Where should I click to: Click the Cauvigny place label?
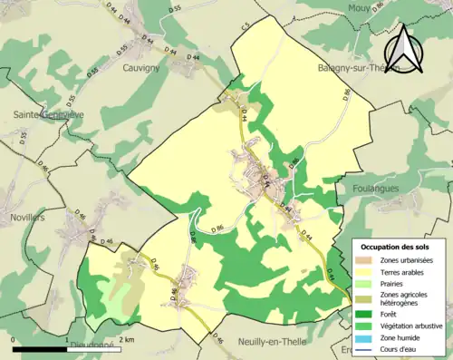coord(140,67)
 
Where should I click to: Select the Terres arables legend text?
coord(404,271)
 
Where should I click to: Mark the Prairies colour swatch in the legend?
coord(370,283)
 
